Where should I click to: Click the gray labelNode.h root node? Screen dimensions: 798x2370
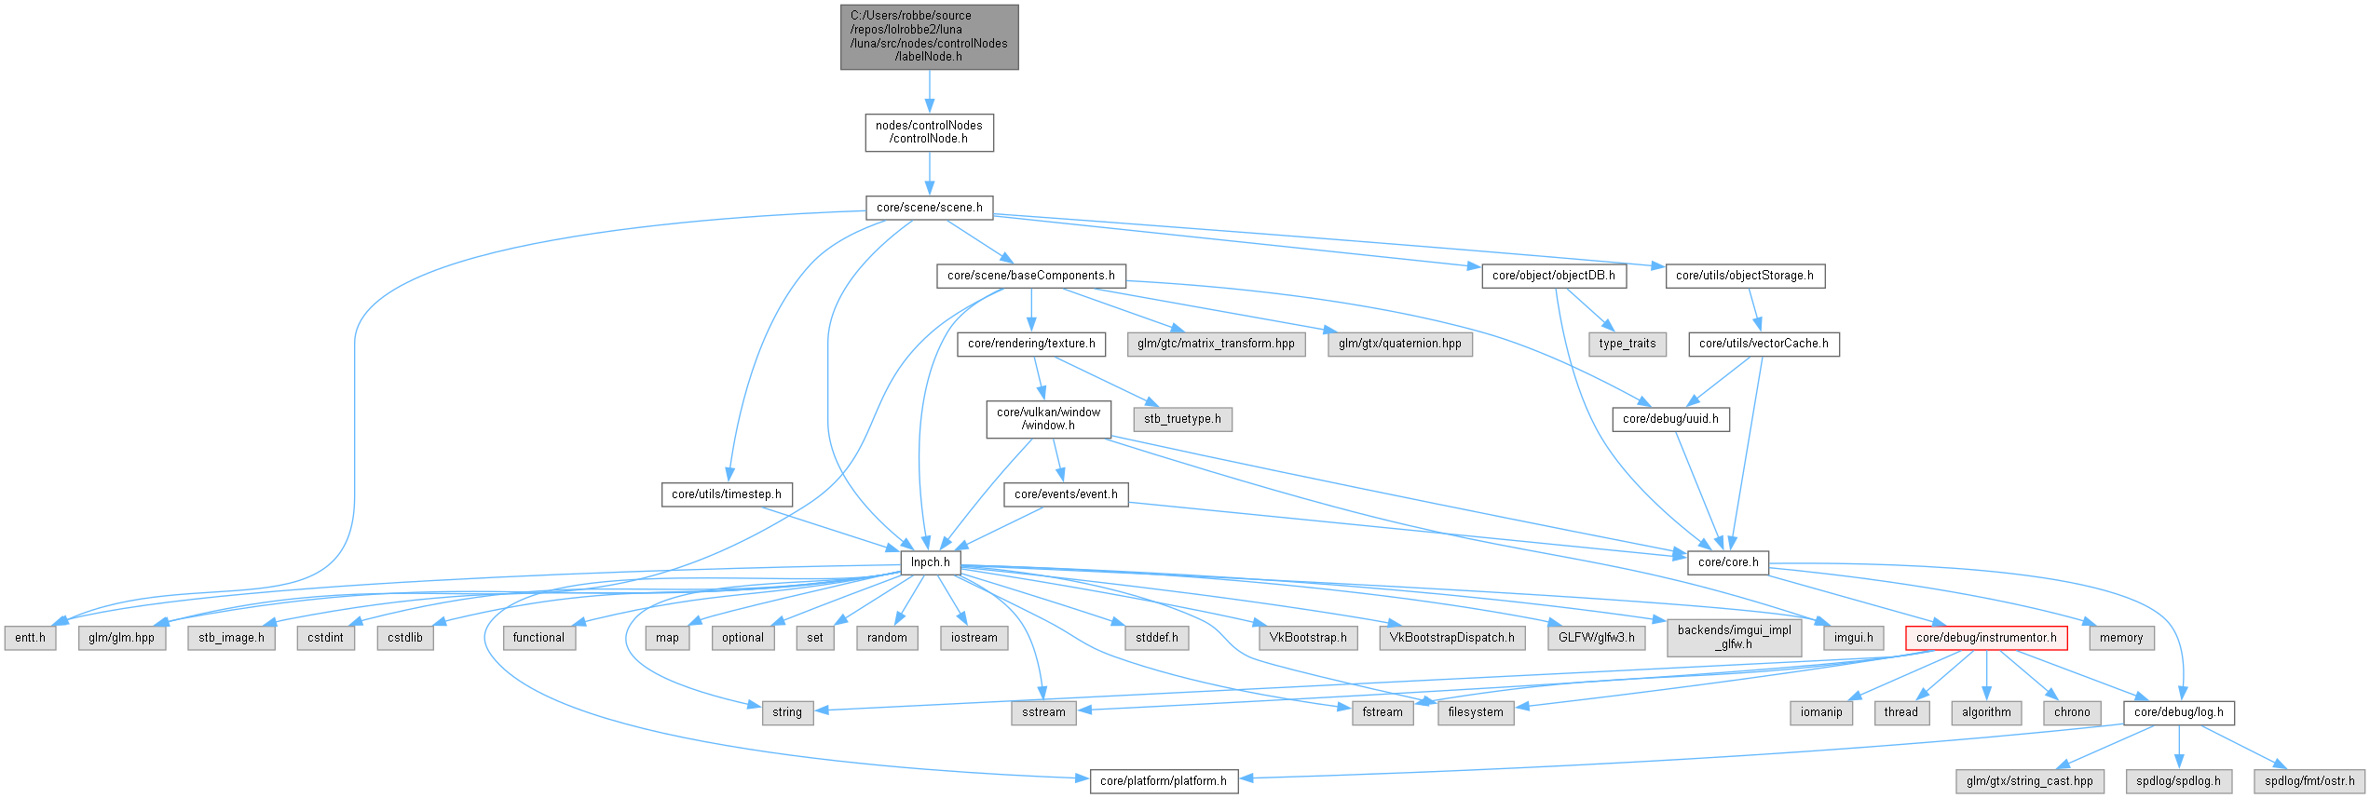929,36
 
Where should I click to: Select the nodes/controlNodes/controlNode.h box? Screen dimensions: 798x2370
929,132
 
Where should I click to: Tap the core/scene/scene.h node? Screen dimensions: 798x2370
929,208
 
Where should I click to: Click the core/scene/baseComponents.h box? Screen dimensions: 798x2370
1030,276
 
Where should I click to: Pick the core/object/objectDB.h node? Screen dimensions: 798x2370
1553,276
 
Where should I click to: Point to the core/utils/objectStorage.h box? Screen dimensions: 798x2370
1744,276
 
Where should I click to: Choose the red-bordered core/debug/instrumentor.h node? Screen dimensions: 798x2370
1986,638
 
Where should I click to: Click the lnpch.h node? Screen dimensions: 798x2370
930,562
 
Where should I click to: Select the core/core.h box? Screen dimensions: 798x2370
1728,562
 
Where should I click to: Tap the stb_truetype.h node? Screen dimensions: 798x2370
1182,419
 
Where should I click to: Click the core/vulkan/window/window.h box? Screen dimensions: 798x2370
1048,419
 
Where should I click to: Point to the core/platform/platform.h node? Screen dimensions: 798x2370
1164,781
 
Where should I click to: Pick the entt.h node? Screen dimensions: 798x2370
30,638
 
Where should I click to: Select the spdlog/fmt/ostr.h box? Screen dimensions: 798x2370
2309,781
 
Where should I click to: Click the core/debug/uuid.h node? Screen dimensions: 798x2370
1670,419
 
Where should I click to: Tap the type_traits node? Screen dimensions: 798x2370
1627,344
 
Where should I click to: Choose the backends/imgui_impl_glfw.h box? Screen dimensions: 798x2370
1734,637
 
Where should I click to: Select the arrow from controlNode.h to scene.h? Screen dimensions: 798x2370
929,173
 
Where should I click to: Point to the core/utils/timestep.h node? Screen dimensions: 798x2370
727,494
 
